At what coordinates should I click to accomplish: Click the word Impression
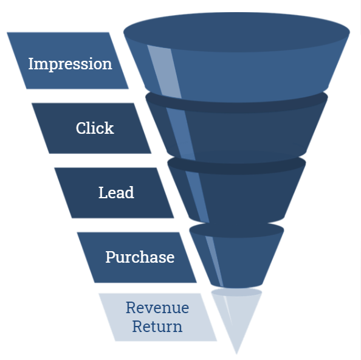pos(70,64)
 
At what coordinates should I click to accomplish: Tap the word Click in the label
pos(95,128)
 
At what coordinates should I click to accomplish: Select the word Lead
pos(116,192)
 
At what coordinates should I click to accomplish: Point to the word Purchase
pos(140,257)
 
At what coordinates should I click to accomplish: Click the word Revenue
pos(157,308)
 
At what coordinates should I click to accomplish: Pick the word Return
pos(157,327)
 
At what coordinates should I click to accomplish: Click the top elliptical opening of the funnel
pos(236,32)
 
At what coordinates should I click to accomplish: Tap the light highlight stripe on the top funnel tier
pos(164,71)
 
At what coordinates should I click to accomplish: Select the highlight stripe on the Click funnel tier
pos(181,134)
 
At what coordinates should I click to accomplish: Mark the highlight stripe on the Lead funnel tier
pos(198,197)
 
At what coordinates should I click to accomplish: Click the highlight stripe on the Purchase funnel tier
pos(215,261)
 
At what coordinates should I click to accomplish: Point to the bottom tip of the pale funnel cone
pos(236,354)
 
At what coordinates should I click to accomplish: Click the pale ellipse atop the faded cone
pos(236,292)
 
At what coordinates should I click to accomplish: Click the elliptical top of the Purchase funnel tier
pos(236,230)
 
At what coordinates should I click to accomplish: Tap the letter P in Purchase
pos(110,257)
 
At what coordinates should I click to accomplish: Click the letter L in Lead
pos(103,192)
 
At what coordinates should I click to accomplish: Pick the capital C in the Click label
pos(81,128)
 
